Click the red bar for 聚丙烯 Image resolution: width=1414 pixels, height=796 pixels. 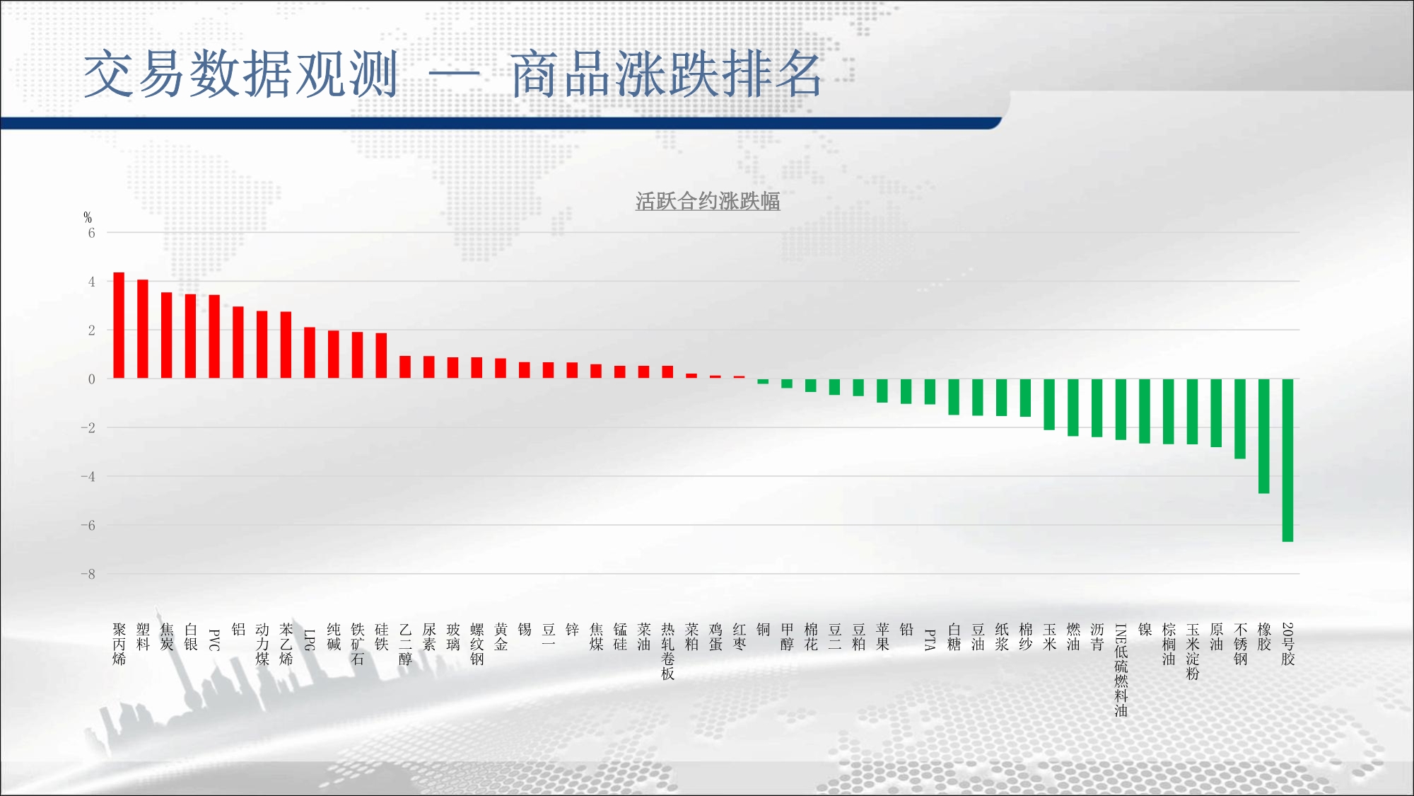[x=119, y=325]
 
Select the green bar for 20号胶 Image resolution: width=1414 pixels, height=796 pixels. [x=1287, y=461]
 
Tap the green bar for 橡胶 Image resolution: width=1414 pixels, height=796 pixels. [x=1263, y=436]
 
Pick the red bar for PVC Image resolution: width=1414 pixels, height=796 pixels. [x=214, y=337]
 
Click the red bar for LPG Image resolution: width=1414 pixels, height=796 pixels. [x=310, y=353]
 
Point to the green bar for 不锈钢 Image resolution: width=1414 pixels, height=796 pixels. [x=1240, y=419]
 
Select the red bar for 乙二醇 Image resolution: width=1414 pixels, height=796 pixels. [x=405, y=367]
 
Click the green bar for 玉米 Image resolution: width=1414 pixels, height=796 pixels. [x=1049, y=405]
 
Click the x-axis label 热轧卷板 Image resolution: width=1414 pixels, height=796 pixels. [x=667, y=652]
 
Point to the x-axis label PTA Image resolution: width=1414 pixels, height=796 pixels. [x=930, y=640]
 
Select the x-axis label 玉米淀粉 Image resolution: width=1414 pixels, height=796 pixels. [x=1192, y=652]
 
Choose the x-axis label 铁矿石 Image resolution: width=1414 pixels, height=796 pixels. [x=358, y=645]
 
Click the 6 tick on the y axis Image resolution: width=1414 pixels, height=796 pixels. [x=91, y=233]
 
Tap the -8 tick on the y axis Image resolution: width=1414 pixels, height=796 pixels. [x=88, y=575]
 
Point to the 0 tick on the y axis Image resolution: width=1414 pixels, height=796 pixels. [x=91, y=379]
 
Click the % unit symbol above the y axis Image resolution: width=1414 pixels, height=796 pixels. [x=88, y=217]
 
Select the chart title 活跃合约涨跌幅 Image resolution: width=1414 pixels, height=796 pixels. [x=708, y=202]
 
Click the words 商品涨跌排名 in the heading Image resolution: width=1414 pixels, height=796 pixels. [x=666, y=74]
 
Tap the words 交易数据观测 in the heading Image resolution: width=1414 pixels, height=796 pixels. [x=241, y=74]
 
